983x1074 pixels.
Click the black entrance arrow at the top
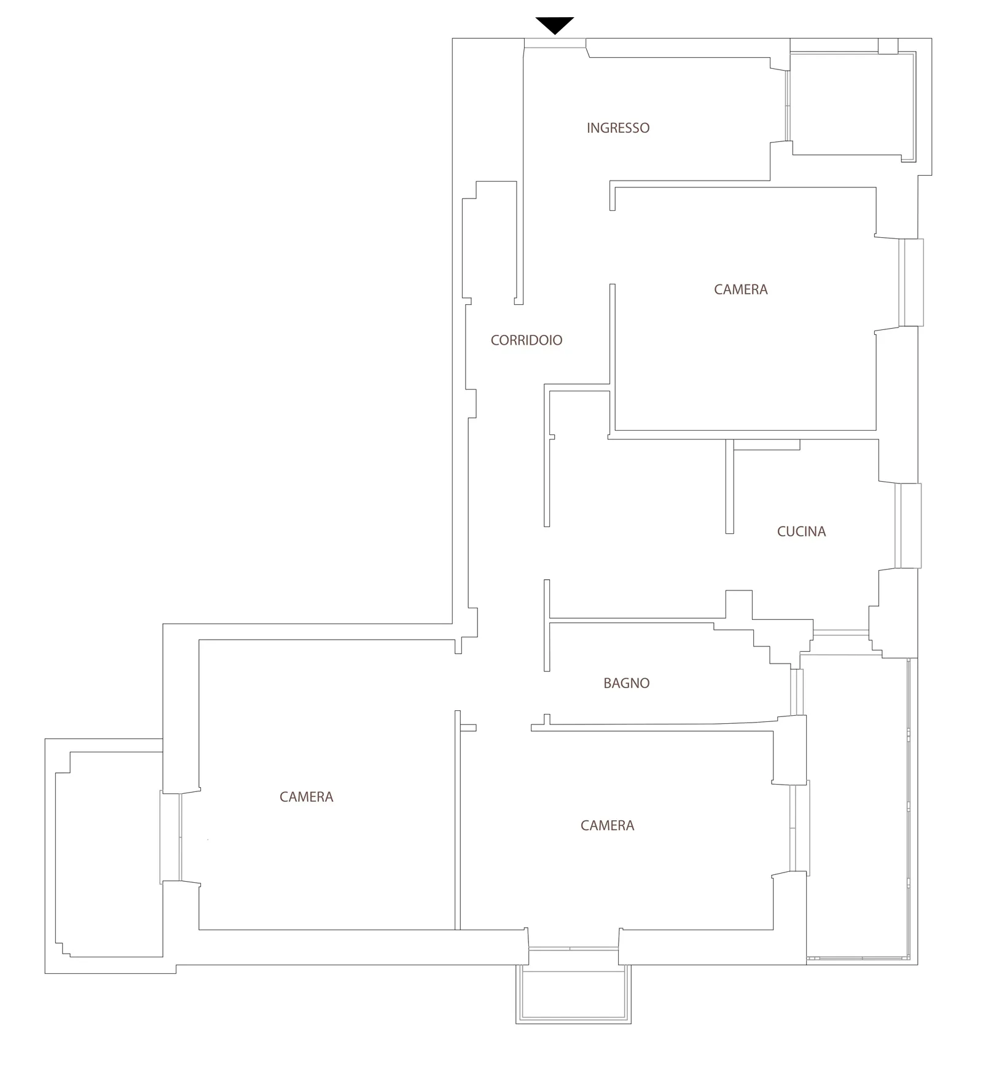[x=555, y=25]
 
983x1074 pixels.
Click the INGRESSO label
[x=618, y=128]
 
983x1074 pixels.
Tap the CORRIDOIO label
[x=527, y=340]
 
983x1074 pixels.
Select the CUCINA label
[x=801, y=531]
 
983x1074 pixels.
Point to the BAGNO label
[x=627, y=683]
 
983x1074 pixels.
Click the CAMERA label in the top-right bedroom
[x=741, y=289]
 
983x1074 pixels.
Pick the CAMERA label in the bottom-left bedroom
[x=307, y=797]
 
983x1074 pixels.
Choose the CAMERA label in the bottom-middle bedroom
[x=608, y=825]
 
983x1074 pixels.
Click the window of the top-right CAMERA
[x=911, y=283]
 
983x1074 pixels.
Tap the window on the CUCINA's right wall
[x=908, y=525]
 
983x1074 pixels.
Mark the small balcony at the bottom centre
[x=573, y=994]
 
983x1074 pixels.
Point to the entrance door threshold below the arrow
[x=555, y=43]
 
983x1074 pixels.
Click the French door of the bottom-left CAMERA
[x=171, y=837]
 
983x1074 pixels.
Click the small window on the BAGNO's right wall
[x=797, y=692]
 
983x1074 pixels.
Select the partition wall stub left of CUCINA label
[x=729, y=486]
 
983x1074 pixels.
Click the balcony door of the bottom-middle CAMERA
[x=573, y=949]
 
